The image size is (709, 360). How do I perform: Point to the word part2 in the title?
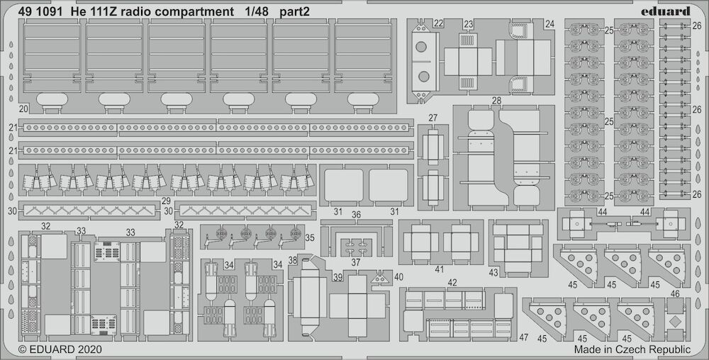[294, 12]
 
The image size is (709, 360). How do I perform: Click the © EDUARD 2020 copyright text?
[60, 349]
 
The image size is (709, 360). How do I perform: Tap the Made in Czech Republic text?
[632, 349]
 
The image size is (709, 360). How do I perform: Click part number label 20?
[24, 109]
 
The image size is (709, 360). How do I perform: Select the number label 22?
[437, 23]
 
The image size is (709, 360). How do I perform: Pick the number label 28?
[496, 101]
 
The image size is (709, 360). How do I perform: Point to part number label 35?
[310, 237]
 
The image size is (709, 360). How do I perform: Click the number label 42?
[452, 283]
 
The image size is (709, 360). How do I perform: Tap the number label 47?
[524, 337]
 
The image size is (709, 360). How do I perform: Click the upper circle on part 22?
[421, 47]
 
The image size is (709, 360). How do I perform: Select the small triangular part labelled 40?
[381, 279]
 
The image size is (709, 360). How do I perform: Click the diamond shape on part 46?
[675, 322]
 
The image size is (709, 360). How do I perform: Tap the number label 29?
[166, 201]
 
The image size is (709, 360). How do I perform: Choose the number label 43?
[493, 272]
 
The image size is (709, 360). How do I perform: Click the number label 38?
[293, 259]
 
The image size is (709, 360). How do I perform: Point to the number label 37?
[356, 262]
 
